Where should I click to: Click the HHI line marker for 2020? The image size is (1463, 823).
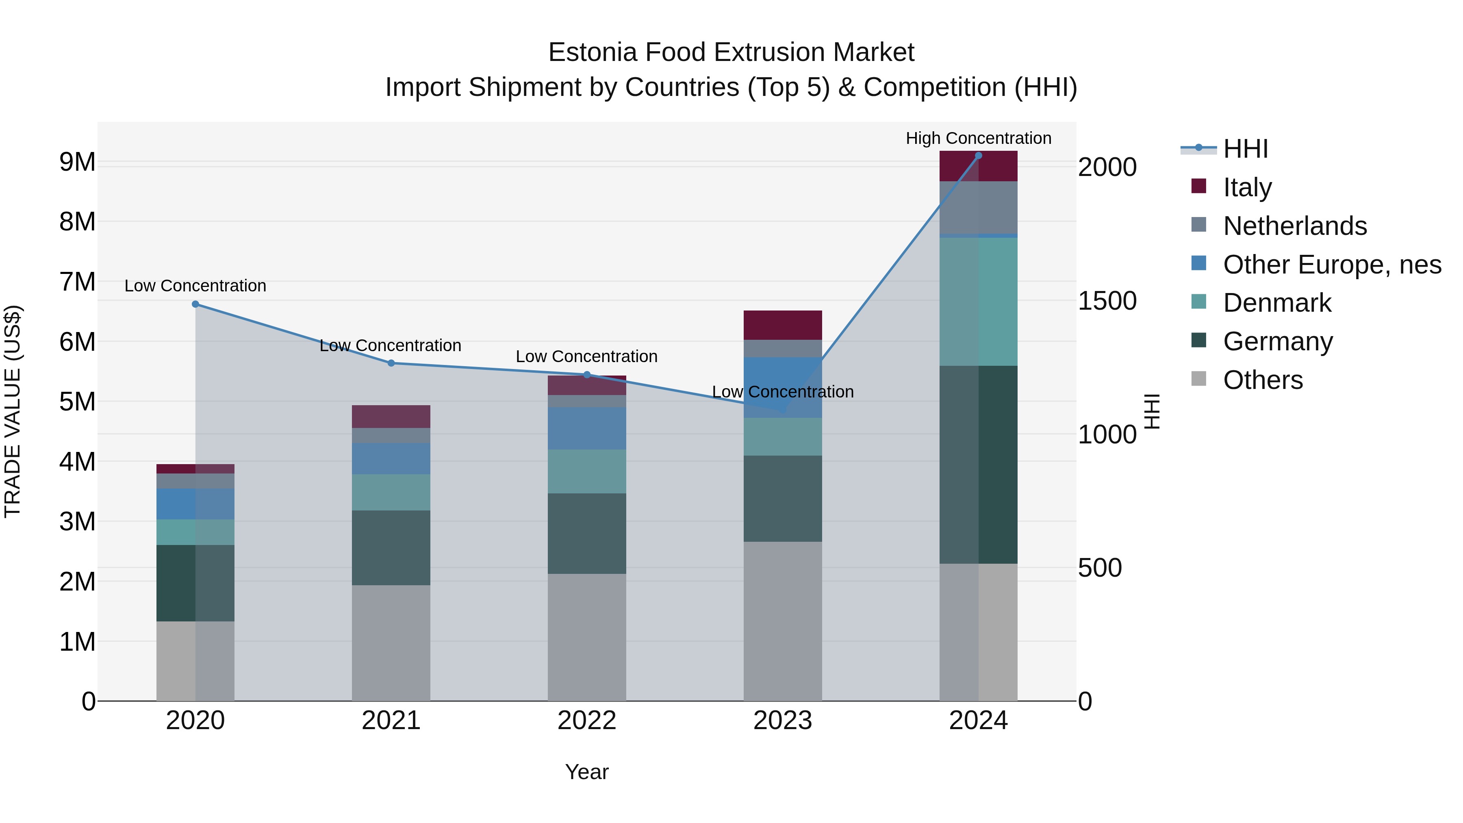(195, 304)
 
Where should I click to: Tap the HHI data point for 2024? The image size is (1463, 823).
(978, 156)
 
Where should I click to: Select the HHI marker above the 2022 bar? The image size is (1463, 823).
(587, 374)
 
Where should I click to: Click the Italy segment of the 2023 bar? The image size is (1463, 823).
(783, 325)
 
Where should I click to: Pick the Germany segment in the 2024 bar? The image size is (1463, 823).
(978, 464)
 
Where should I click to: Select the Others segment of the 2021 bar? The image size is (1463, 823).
(391, 643)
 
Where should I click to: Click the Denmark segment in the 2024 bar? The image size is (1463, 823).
(978, 301)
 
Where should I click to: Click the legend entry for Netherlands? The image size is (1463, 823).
(1294, 226)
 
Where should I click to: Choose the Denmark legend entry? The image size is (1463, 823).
(1277, 303)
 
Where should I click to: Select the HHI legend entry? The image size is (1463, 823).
(1245, 149)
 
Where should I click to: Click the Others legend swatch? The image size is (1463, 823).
(1198, 379)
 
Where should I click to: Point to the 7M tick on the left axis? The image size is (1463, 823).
(77, 282)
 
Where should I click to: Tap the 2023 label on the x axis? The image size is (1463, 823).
(783, 721)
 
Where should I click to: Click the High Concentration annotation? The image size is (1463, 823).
(978, 138)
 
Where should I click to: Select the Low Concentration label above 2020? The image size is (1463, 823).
(195, 286)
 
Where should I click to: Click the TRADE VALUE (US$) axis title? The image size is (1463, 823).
(13, 411)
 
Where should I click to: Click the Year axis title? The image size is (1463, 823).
(587, 772)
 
